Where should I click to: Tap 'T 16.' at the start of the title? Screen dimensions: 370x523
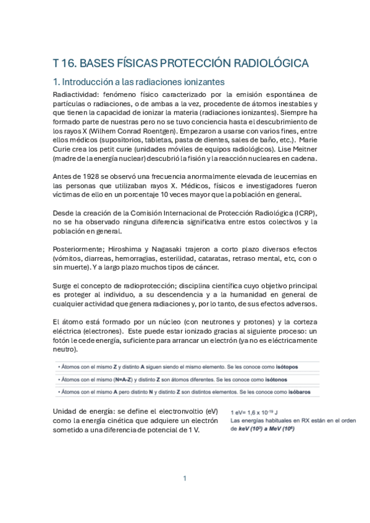pyautogui.click(x=64, y=63)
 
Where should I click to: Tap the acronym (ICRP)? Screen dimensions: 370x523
pyautogui.click(x=303, y=213)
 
